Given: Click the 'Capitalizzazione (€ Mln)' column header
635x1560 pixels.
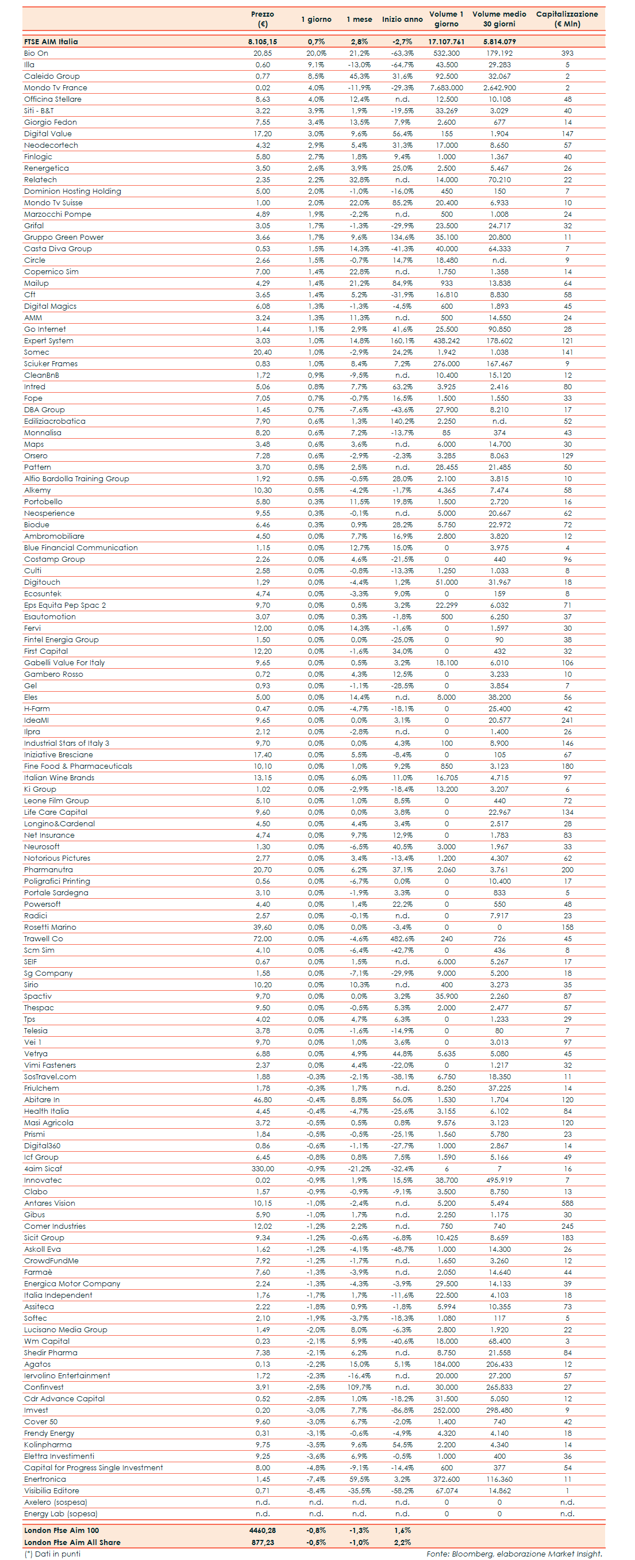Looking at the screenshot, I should tap(567, 19).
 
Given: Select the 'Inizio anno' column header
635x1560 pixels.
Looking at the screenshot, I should tap(402, 20).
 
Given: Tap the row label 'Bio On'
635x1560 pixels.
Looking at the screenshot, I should tap(36, 53).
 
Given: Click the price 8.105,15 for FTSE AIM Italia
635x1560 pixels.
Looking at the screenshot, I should tap(262, 42).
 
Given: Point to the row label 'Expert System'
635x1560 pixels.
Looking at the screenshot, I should tap(48, 341).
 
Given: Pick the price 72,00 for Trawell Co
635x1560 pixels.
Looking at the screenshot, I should tap(262, 939).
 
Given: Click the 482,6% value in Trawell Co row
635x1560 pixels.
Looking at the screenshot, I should tap(402, 939).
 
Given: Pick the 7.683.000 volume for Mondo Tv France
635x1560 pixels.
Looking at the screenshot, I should tap(447, 88).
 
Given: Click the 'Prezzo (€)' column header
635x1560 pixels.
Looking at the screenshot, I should tap(262, 19).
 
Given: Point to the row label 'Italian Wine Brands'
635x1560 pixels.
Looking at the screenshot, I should tap(59, 778).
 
